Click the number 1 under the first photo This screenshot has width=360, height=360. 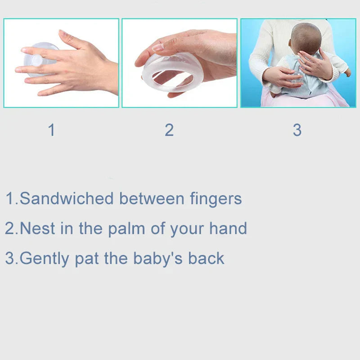[x=52, y=130]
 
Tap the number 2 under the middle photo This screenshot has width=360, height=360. [x=169, y=130]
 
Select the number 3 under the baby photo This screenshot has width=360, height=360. [x=297, y=130]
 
